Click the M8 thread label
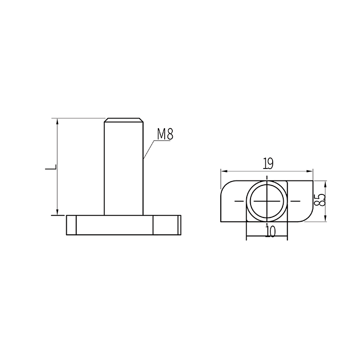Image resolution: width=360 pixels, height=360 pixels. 165,134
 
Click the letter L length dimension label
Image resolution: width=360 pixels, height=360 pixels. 51,167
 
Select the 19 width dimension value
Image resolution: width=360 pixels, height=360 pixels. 268,164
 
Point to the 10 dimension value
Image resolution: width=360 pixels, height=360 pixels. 270,231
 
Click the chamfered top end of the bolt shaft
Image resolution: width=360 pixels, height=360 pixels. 123,120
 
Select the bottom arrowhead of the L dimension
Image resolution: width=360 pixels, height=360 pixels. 58,212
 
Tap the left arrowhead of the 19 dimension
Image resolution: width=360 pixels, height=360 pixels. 224,171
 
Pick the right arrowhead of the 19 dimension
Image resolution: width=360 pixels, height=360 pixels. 310,171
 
